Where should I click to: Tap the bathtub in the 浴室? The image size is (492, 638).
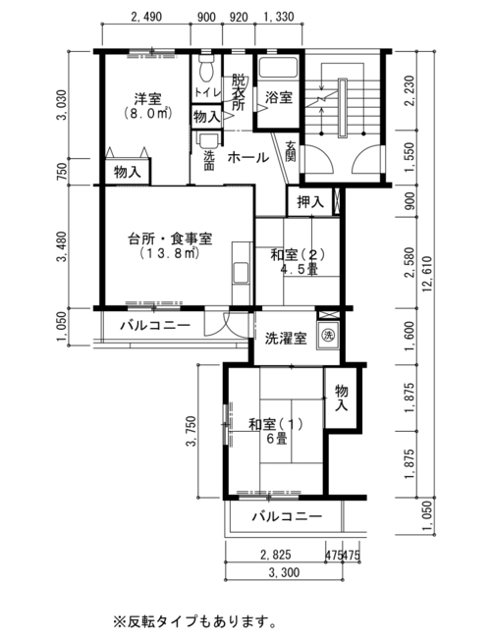[278, 68]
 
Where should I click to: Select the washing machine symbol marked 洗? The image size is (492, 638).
[328, 336]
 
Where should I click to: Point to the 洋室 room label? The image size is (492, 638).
[148, 98]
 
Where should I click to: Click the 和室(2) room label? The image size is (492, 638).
[299, 255]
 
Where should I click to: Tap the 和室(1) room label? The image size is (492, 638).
[276, 424]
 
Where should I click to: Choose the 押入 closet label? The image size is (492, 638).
[310, 201]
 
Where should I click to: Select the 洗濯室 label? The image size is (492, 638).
[286, 338]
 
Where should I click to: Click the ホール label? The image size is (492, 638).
[248, 157]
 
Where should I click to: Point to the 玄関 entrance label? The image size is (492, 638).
[290, 151]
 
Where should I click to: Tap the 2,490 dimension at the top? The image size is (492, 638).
[146, 17]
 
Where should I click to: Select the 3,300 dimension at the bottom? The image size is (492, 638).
[284, 572]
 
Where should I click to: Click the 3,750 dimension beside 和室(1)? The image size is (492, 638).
[191, 431]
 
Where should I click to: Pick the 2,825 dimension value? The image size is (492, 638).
[276, 555]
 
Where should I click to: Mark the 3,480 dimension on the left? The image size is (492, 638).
[62, 246]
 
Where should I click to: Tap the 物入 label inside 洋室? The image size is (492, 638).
[128, 172]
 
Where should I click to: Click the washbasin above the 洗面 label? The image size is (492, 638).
[207, 140]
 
